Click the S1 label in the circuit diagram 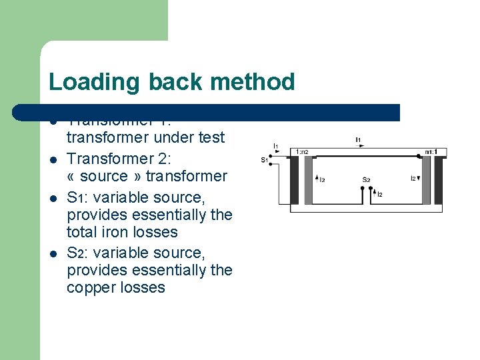point(264,160)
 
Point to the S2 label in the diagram point(366,179)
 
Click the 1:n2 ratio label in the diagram point(302,152)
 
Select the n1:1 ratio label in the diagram point(431,152)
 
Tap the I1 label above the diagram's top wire point(358,139)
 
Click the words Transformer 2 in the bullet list point(118,159)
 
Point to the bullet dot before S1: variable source point(53,198)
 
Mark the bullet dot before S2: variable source point(53,253)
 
